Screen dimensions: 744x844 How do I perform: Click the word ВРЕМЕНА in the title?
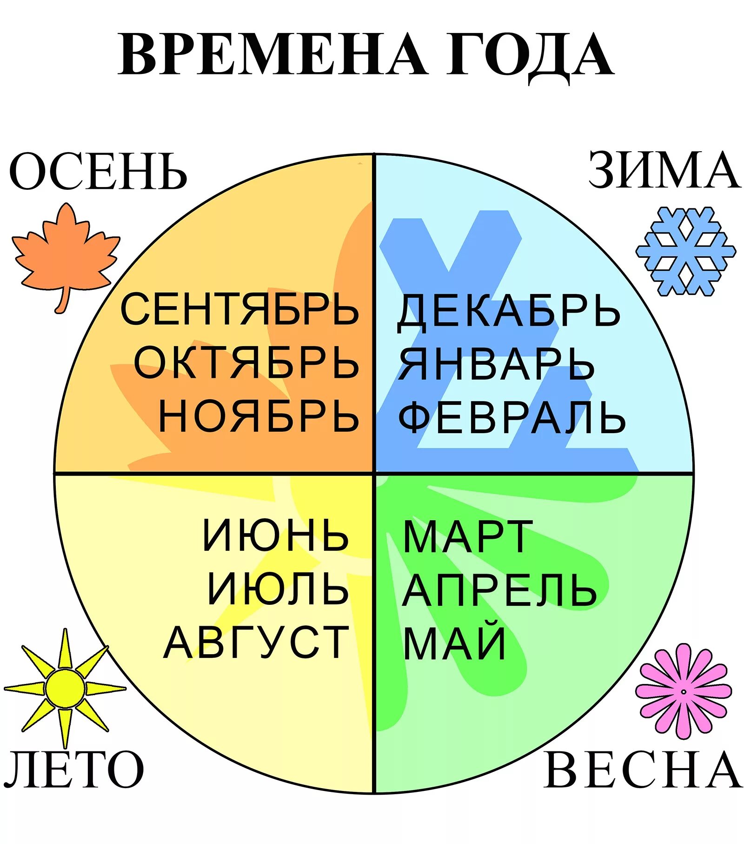(272, 54)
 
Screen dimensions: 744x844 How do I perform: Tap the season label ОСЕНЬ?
(98, 172)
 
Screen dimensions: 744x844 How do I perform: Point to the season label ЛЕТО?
(73, 770)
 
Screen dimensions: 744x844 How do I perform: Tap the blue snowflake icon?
(685, 251)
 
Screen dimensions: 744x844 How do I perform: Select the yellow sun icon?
(65, 688)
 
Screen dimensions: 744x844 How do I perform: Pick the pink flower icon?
(683, 691)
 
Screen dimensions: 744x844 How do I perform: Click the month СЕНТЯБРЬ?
(239, 309)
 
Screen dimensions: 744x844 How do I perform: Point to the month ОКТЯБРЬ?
(246, 363)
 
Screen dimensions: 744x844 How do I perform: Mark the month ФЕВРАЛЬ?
(511, 417)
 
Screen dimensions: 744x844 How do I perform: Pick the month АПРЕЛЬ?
(499, 589)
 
